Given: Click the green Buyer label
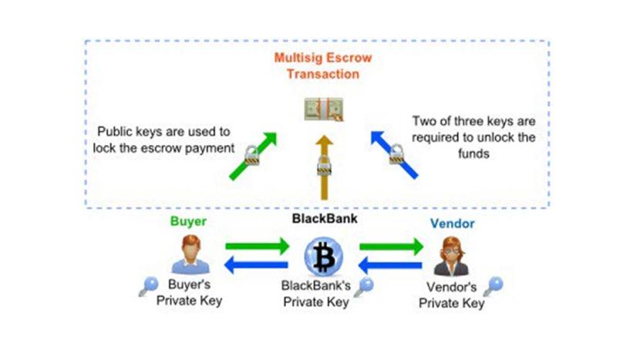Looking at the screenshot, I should pos(188,222).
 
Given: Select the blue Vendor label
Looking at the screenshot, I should pos(453,224).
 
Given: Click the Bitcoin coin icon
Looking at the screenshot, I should pos(323,258).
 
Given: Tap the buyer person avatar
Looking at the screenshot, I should pos(188,254).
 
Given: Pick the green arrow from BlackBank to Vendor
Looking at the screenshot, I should pos(391,247).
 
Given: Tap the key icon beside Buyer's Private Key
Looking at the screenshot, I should pos(147,288).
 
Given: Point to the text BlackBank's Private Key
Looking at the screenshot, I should pos(317,294).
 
